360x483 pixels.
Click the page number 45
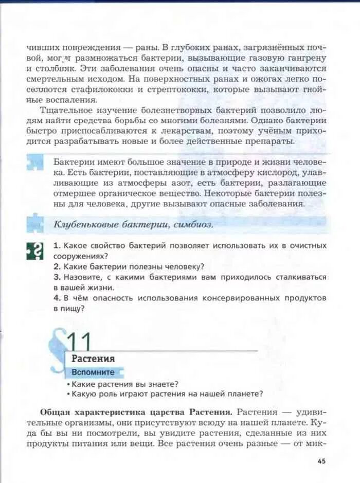click(321, 461)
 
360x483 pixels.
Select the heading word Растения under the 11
click(93, 359)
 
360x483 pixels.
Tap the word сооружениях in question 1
click(77, 256)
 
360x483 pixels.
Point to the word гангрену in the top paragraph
click(305, 58)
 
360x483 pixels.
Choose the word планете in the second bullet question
click(244, 394)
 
